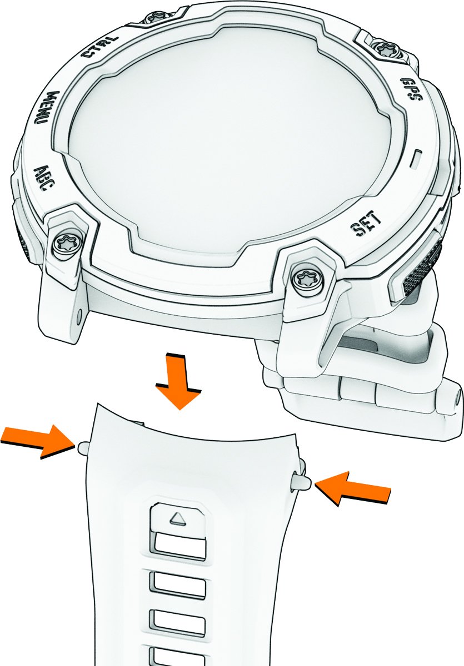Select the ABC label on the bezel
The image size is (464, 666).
[x=42, y=178]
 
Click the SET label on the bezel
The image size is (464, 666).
[x=366, y=224]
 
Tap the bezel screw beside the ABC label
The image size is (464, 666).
[x=66, y=245]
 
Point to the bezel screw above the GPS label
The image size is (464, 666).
[x=386, y=48]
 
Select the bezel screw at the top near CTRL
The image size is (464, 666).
[x=156, y=17]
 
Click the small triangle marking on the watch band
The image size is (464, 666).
[x=178, y=519]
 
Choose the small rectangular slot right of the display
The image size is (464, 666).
[x=416, y=159]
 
